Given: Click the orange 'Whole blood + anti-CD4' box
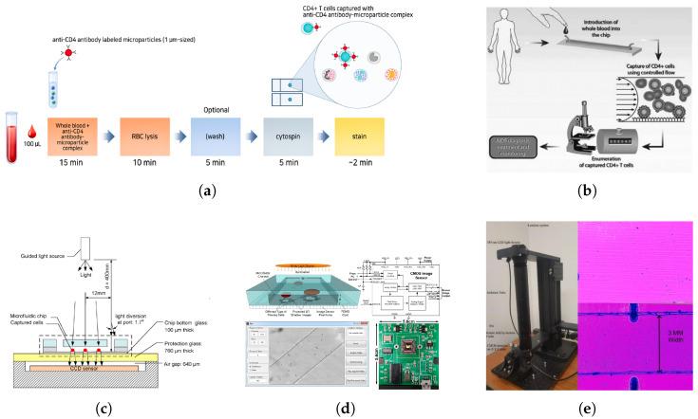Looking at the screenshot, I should [x=77, y=134].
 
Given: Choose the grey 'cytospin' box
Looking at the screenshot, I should [x=289, y=134].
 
